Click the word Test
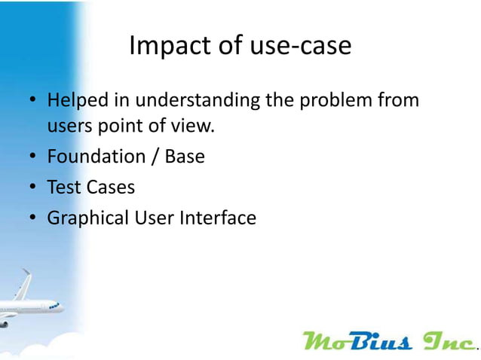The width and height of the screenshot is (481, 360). pos(62,188)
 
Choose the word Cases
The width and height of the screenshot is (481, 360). pos(108,188)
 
